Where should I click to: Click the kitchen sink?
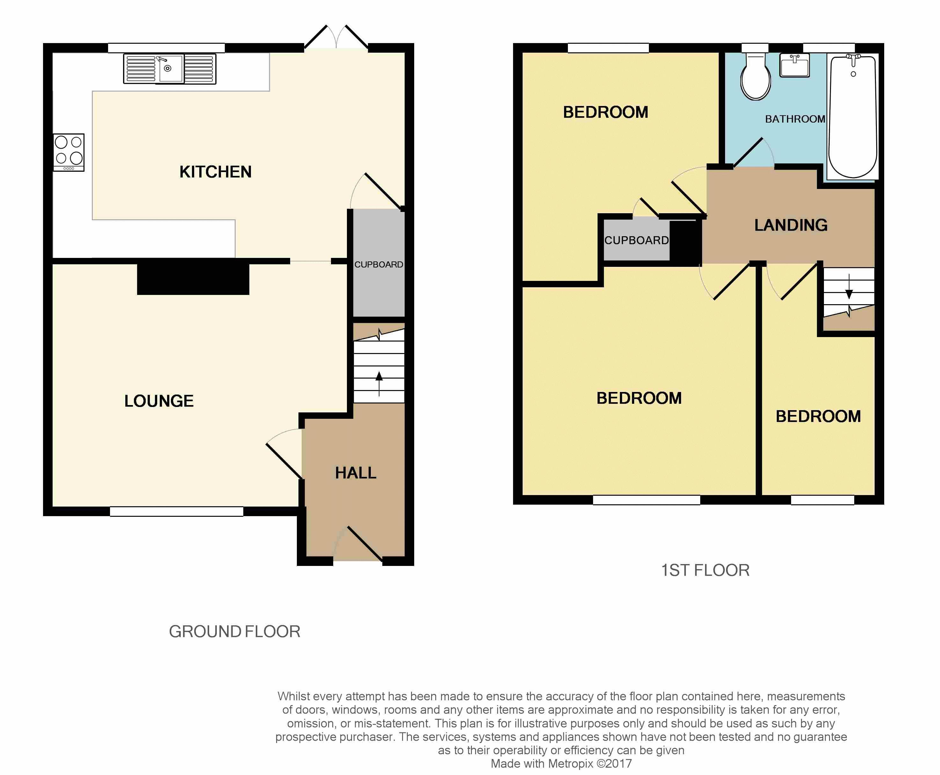point(169,69)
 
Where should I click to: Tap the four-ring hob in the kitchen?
point(69,152)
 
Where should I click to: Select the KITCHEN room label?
point(215,172)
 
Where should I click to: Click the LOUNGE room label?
point(159,401)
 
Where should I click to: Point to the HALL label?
point(356,473)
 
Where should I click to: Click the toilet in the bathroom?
point(755,76)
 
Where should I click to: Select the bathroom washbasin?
point(795,65)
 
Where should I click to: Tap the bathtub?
point(853,116)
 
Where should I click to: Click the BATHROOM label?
point(795,119)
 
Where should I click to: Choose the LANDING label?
point(791,225)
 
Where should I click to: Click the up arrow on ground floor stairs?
point(379,383)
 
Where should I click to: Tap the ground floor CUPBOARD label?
point(378,265)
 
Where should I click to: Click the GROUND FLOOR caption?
point(235,632)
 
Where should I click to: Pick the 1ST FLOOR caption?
point(705,570)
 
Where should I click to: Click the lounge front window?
point(177,512)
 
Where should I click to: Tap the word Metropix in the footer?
point(570,764)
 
